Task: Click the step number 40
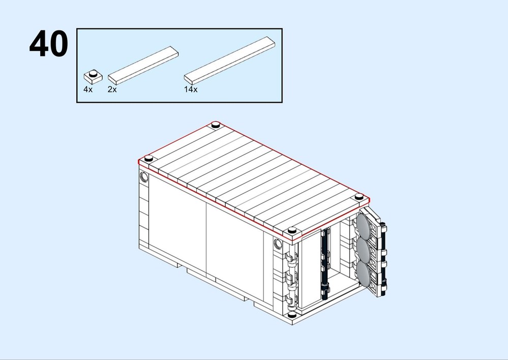coord(49,45)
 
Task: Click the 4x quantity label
coord(88,89)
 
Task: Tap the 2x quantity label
coord(112,89)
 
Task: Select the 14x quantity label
coord(191,89)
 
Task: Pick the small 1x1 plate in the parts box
coord(93,76)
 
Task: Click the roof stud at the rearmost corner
coord(215,124)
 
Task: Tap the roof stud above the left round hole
coord(148,158)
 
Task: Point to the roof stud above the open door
coord(359,196)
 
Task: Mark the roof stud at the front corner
coord(291,230)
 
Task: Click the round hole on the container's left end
coord(144,177)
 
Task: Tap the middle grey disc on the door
coord(364,249)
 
